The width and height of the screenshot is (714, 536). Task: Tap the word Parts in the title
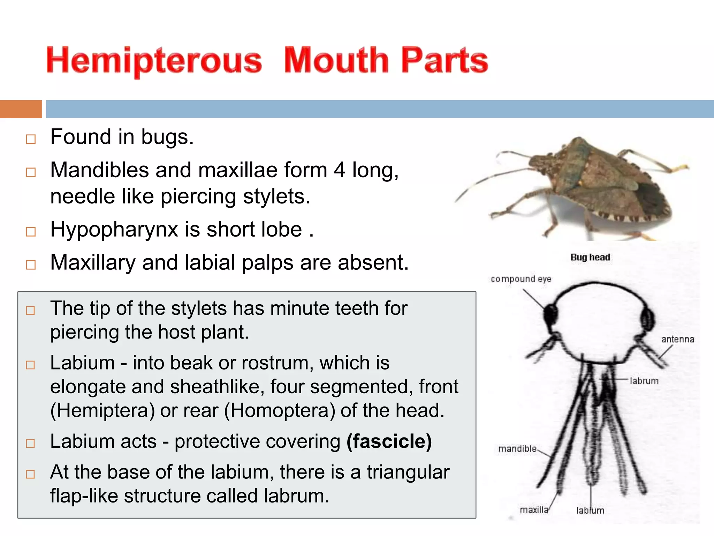pyautogui.click(x=445, y=60)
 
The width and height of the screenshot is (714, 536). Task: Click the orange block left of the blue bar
pyautogui.click(x=21, y=109)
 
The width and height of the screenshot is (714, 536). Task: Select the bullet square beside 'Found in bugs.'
pyautogui.click(x=31, y=139)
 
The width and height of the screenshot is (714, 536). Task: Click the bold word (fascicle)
pyautogui.click(x=389, y=441)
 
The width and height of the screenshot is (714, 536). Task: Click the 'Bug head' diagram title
pyautogui.click(x=590, y=257)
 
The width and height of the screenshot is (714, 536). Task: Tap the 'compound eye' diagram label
pyautogui.click(x=521, y=279)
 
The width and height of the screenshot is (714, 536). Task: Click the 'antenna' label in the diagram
pyautogui.click(x=677, y=339)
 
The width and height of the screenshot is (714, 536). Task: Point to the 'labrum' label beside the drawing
pyautogui.click(x=644, y=381)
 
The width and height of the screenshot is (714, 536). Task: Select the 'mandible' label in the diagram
pyautogui.click(x=517, y=449)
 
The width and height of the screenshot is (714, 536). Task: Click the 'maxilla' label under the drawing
pyautogui.click(x=534, y=510)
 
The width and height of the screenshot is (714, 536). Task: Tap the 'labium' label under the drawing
pyautogui.click(x=590, y=511)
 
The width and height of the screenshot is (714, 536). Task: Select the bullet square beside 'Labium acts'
pyautogui.click(x=31, y=444)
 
